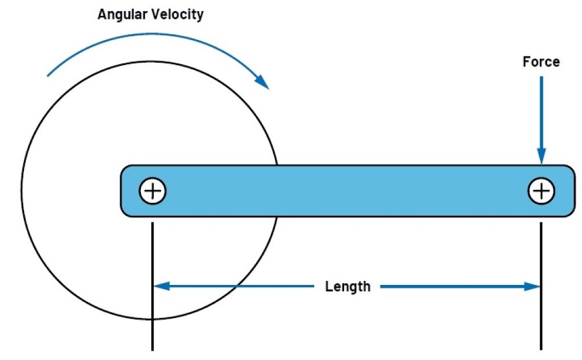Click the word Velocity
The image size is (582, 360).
click(179, 14)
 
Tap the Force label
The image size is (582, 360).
click(541, 62)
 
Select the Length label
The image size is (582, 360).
click(348, 286)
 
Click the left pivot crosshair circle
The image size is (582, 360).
click(153, 191)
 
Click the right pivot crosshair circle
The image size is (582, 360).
click(541, 191)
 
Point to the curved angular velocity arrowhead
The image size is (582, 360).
click(262, 81)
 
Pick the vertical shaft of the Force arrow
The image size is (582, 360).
click(541, 110)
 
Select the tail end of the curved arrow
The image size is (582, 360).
click(49, 75)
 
